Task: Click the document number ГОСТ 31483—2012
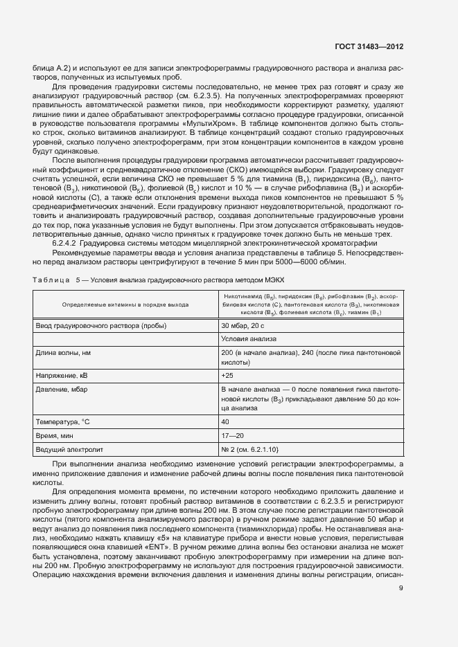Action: pyautogui.click(x=368, y=46)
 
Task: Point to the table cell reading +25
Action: pyautogui.click(x=227, y=374)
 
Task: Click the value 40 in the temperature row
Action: pyautogui.click(x=225, y=421)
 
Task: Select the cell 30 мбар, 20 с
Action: pyautogui.click(x=243, y=325)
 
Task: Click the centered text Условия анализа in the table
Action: pyautogui.click(x=249, y=338)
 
